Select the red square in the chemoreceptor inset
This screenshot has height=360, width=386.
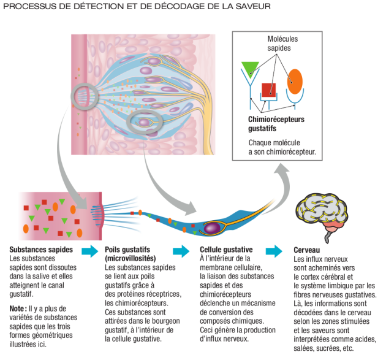pyautogui.click(x=268, y=90)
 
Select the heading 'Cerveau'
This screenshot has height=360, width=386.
pyautogui.click(x=308, y=250)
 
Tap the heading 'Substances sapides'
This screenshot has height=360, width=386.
pyautogui.click(x=41, y=250)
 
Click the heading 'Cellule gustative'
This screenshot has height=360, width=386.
pyautogui.click(x=226, y=250)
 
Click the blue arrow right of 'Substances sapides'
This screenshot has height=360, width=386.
pyautogui.click(x=90, y=251)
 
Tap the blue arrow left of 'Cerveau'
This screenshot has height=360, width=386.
pyautogui.click(x=278, y=251)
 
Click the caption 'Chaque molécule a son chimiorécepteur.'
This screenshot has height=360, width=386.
pyautogui.click(x=282, y=147)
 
